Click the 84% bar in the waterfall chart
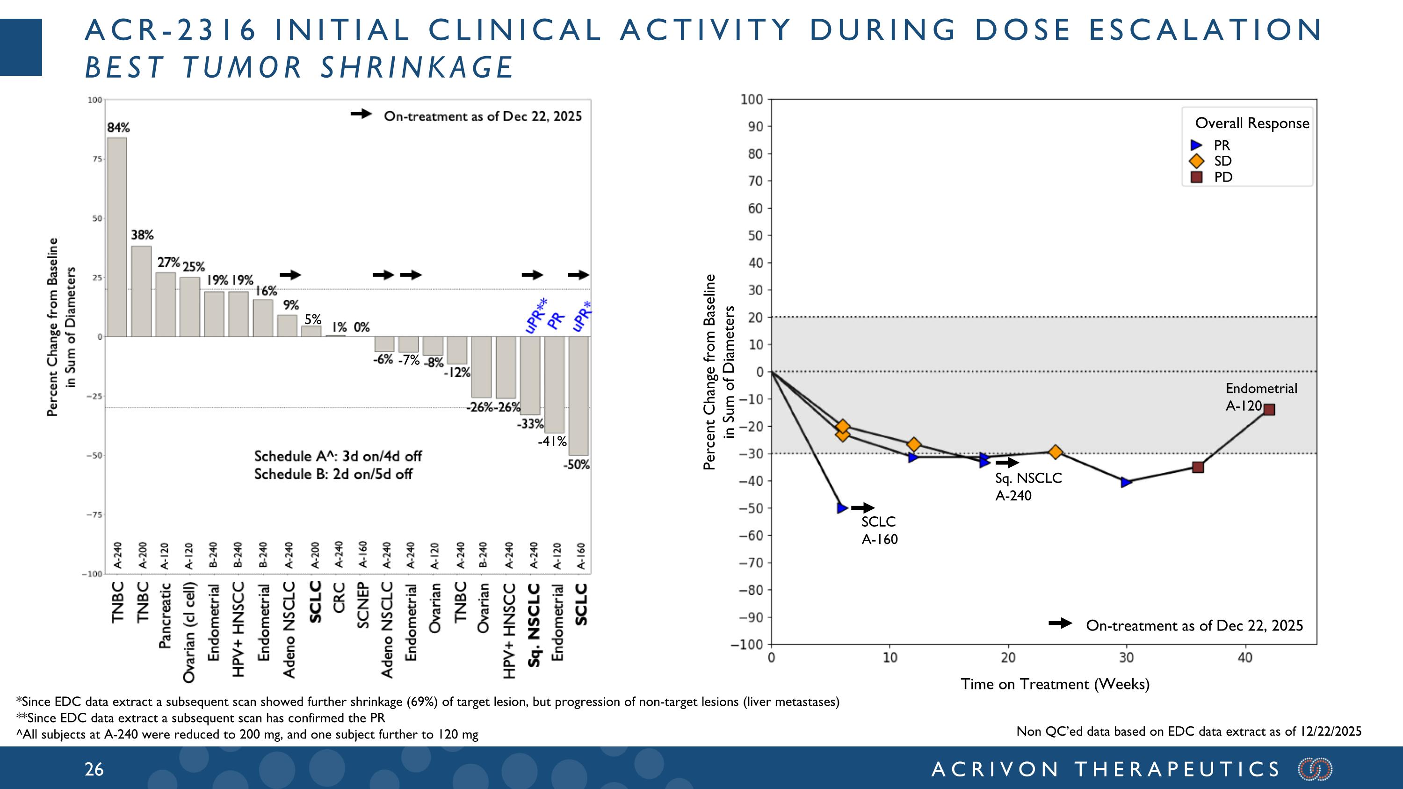point(116,237)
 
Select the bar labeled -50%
point(579,396)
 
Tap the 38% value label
point(142,235)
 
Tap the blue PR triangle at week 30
point(1126,482)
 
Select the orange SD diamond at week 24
point(1056,452)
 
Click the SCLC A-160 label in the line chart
point(879,530)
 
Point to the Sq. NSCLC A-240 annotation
point(1028,487)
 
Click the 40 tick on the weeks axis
point(1245,658)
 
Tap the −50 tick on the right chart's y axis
point(751,508)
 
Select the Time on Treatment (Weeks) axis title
point(1055,684)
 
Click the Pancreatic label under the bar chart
point(165,616)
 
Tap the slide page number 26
point(94,769)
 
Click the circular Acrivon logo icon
point(1315,769)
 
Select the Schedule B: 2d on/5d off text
point(333,474)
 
